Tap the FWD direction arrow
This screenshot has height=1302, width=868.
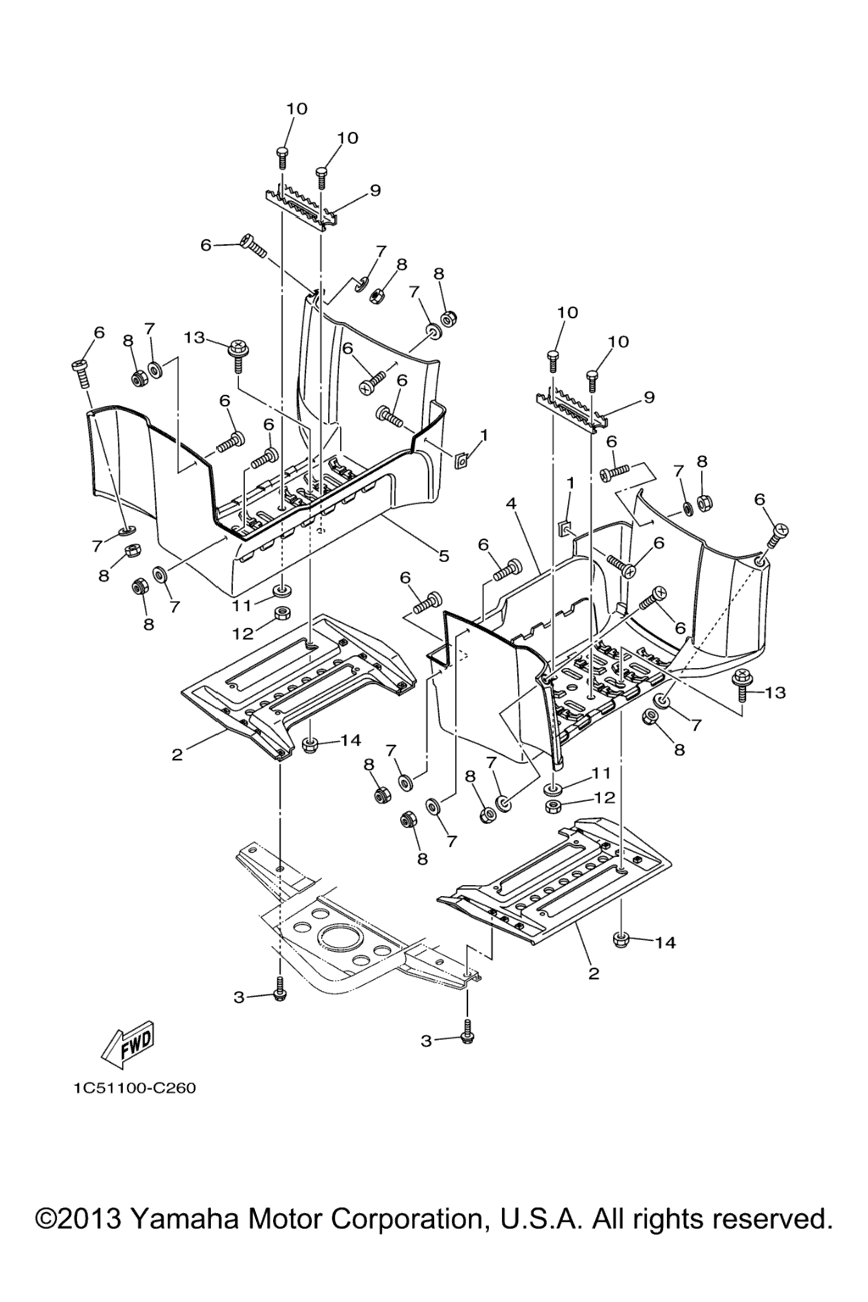point(127,1043)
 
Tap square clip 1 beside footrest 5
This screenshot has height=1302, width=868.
point(461,459)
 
